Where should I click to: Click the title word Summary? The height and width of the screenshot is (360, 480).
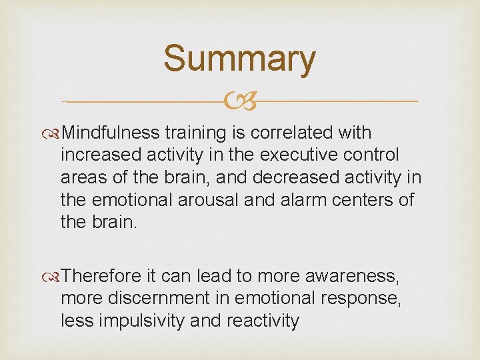[x=239, y=59]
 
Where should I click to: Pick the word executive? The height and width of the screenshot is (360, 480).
[x=304, y=155]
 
